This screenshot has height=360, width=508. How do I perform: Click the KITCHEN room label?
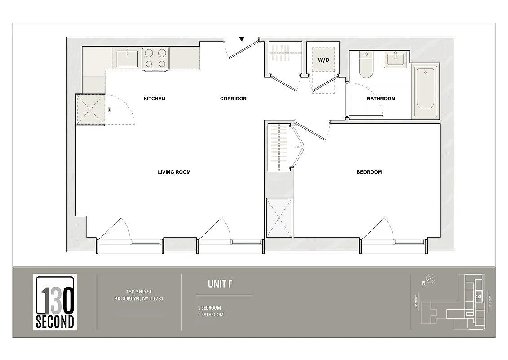click(154, 99)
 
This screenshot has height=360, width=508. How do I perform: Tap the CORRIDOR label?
click(233, 99)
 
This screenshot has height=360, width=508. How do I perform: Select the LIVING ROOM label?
click(174, 172)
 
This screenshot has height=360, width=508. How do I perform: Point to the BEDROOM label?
click(369, 172)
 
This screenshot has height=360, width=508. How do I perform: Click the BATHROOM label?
click(381, 99)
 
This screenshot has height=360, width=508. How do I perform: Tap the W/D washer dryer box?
click(323, 59)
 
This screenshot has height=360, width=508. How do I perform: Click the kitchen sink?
click(127, 58)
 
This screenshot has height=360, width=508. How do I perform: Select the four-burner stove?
click(155, 58)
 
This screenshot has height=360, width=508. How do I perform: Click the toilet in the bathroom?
click(367, 66)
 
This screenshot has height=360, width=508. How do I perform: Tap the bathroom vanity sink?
click(396, 59)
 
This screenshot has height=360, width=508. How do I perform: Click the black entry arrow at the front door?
click(243, 39)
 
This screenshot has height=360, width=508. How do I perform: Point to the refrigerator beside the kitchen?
click(90, 109)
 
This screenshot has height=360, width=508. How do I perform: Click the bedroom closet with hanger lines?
click(278, 147)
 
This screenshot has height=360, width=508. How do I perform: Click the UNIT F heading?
click(220, 284)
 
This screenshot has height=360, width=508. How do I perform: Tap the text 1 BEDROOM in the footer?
click(209, 308)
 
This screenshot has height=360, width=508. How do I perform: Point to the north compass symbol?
click(430, 279)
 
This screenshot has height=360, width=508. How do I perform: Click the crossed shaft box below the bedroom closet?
click(279, 217)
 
